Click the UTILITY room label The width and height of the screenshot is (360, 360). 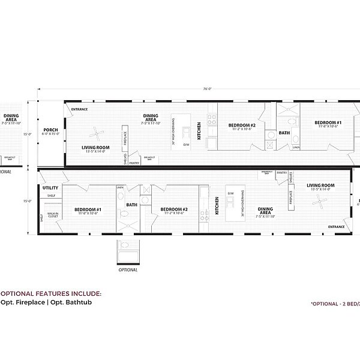50,188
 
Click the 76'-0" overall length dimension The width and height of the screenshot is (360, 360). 207,89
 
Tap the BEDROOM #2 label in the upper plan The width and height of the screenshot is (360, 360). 242,126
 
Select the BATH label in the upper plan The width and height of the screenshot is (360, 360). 284,133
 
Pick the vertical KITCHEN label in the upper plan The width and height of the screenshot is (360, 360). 199,131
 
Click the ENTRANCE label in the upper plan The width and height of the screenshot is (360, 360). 80,109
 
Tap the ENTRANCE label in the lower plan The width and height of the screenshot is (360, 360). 336,227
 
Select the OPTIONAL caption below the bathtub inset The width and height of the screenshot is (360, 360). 128,270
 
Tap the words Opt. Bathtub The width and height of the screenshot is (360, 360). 65,302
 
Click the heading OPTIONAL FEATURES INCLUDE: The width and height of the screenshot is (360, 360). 50,293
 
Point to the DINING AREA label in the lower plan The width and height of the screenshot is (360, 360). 265,211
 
